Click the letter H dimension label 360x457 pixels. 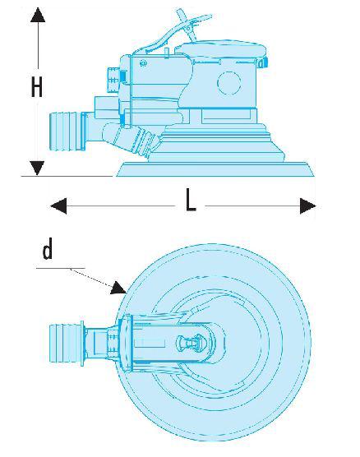point(37,86)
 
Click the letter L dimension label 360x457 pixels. point(191,200)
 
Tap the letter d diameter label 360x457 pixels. point(48,248)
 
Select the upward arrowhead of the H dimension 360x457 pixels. point(38,15)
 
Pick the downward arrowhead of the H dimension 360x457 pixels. point(37,168)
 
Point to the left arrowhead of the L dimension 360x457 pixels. point(58,206)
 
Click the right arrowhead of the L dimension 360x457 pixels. point(308,206)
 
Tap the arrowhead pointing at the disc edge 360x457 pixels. point(118,288)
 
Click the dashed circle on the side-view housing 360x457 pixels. point(228,83)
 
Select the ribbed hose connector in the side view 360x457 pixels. point(67,132)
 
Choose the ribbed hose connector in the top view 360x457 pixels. point(67,343)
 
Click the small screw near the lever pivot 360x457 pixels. point(143,63)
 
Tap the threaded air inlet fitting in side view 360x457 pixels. point(113,80)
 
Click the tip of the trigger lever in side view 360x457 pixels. point(210,16)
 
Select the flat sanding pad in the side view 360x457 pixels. point(215,169)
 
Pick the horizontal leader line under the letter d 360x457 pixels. point(61,268)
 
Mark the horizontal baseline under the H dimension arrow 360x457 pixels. point(67,176)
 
